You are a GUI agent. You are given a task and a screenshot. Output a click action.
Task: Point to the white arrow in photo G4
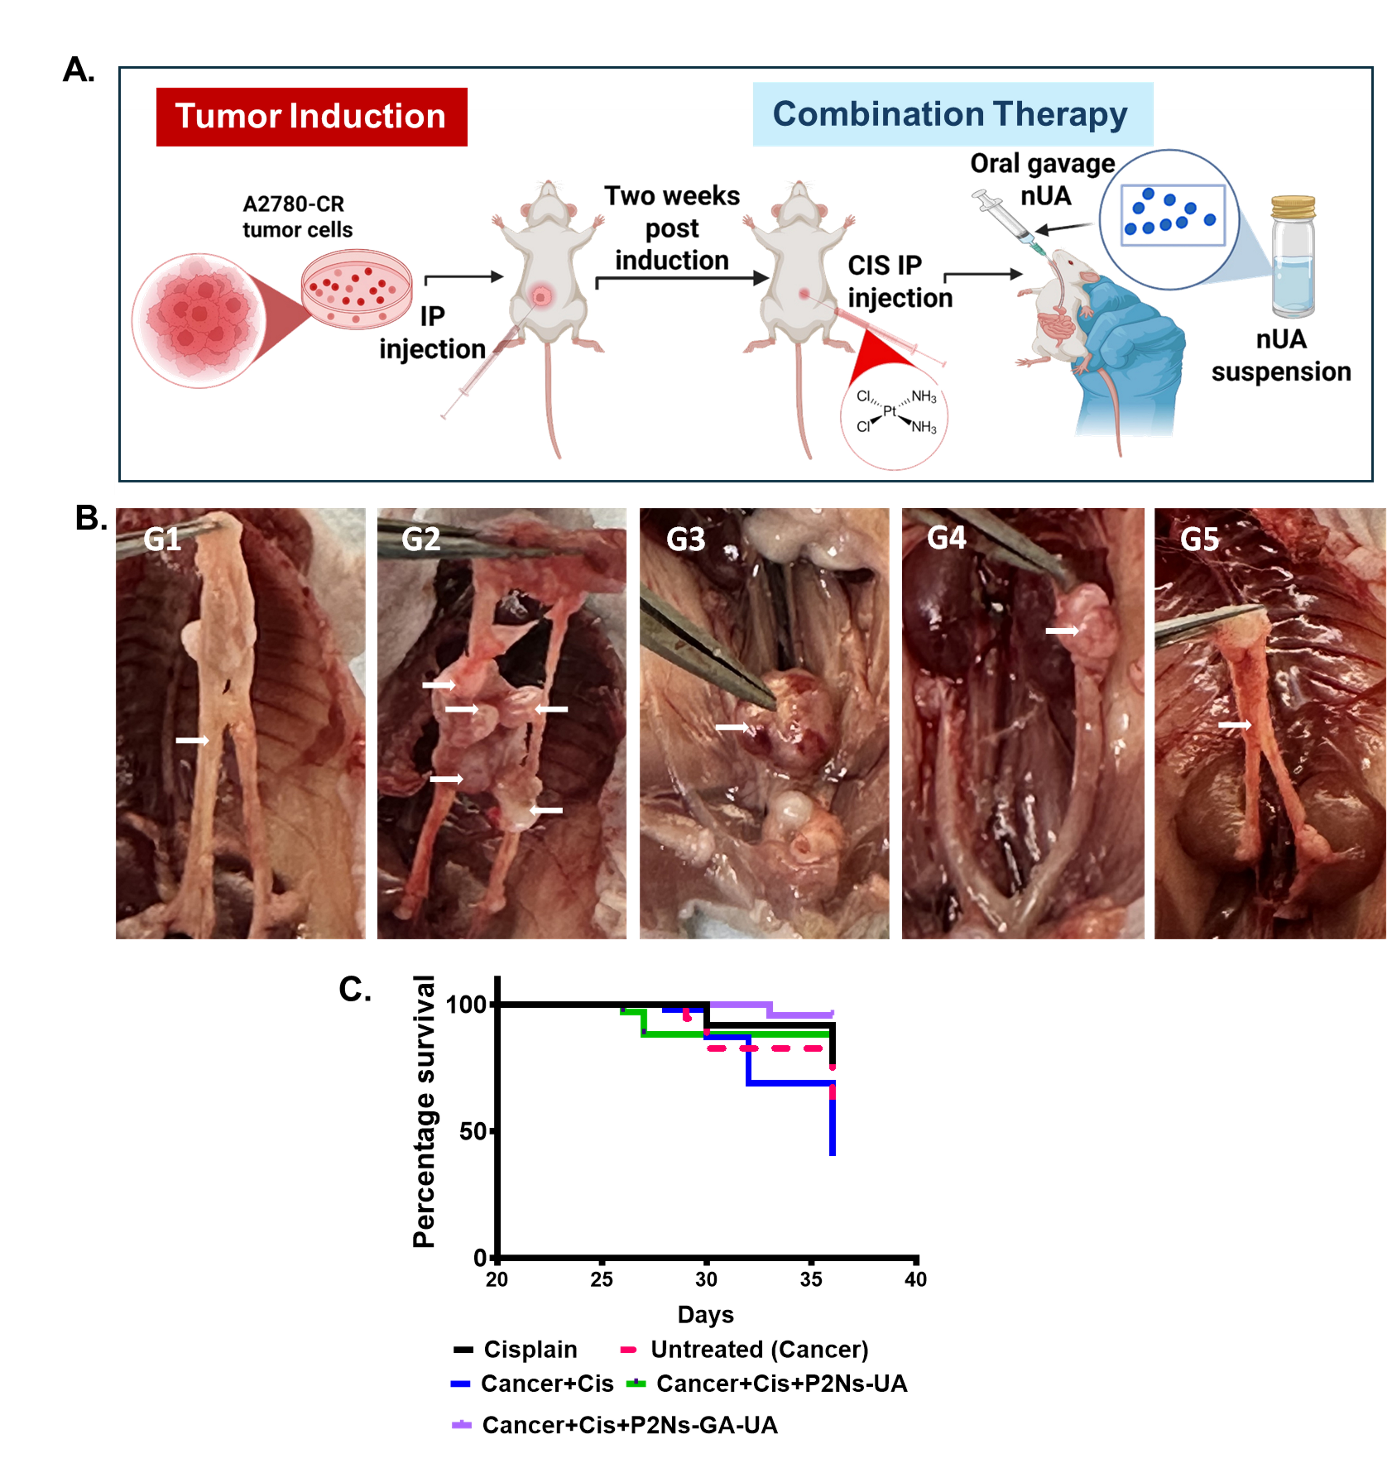click(x=1062, y=631)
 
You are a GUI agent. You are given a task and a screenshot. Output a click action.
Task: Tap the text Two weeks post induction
click(x=671, y=228)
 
